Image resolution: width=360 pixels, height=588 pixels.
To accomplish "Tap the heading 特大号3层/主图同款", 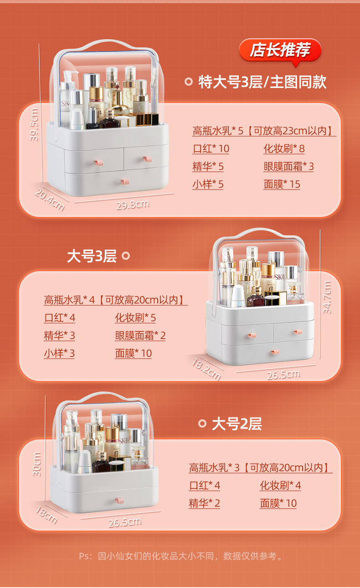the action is click(262, 82).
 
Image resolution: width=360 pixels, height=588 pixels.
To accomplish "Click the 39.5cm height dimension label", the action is click(34, 124).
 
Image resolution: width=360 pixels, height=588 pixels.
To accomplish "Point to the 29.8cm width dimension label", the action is click(133, 205).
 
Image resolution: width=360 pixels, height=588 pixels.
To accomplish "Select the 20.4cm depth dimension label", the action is click(50, 200).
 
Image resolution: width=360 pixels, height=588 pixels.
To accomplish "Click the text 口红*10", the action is click(211, 149).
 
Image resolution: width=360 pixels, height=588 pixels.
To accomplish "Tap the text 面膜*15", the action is click(282, 184).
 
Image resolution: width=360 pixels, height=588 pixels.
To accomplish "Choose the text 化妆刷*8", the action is click(284, 149).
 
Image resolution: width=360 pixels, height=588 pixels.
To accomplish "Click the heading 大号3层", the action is click(92, 256).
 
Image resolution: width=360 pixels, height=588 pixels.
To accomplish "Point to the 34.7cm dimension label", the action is click(327, 297).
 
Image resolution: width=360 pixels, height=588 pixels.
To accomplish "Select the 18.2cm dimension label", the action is click(206, 369).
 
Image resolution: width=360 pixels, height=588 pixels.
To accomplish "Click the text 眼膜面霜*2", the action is click(140, 335).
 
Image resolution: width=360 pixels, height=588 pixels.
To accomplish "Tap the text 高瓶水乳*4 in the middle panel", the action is click(69, 300).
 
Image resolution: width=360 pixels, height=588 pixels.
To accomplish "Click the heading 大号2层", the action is click(237, 423).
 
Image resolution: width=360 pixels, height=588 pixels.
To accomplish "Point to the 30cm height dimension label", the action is click(37, 464).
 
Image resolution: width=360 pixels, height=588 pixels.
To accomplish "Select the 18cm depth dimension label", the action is click(46, 515).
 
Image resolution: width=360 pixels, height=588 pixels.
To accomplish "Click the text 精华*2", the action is click(205, 503).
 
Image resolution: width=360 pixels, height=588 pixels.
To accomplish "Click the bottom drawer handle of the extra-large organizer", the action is click(125, 181).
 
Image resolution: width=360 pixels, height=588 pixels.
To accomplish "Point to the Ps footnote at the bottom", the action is click(180, 556).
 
